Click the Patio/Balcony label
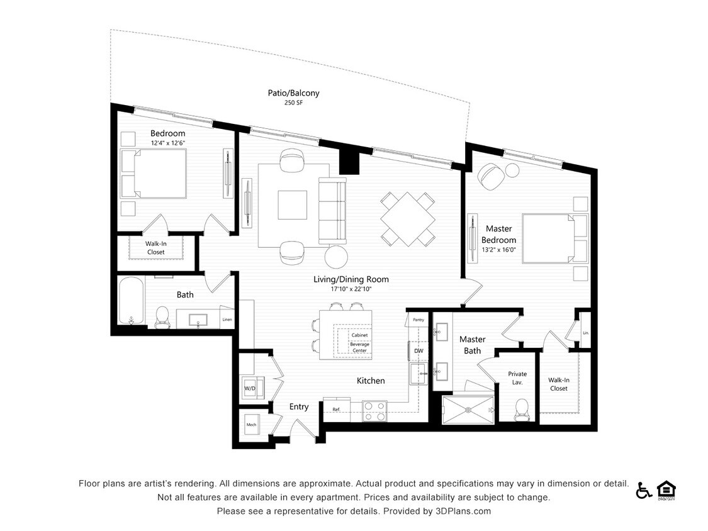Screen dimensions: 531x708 pos(293,93)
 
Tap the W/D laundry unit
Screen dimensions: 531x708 pos(250,388)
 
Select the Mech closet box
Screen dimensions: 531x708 pos(251,425)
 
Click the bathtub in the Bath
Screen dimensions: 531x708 pos(132,301)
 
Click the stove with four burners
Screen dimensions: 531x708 pos(374,411)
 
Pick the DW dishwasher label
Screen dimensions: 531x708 pos(419,350)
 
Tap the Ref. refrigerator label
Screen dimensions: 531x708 pos(336,410)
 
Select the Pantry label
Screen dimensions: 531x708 pos(418,320)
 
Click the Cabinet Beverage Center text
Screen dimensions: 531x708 pos(359,344)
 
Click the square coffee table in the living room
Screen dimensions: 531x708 pos(293,205)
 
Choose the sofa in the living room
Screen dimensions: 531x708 pos(332,211)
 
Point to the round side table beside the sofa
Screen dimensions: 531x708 pos(337,256)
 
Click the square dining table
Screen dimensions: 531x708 pos(408,220)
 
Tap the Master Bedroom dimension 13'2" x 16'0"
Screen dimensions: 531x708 pos(499,249)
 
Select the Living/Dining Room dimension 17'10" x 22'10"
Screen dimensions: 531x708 pos(351,289)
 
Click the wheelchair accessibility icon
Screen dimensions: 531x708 pos(644,490)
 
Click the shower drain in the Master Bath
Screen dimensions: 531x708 pos(468,410)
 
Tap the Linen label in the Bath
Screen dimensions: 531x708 pos(227,319)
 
